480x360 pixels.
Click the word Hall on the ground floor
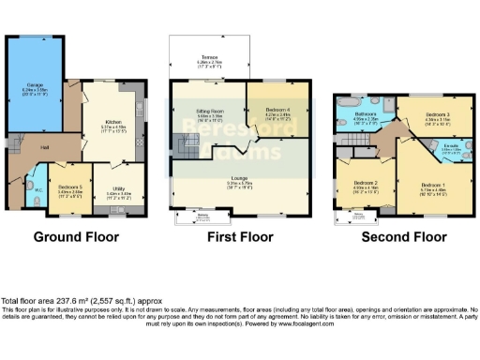pos(43,147)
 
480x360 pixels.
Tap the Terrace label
pos(208,55)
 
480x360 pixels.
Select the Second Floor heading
pos(404,237)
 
